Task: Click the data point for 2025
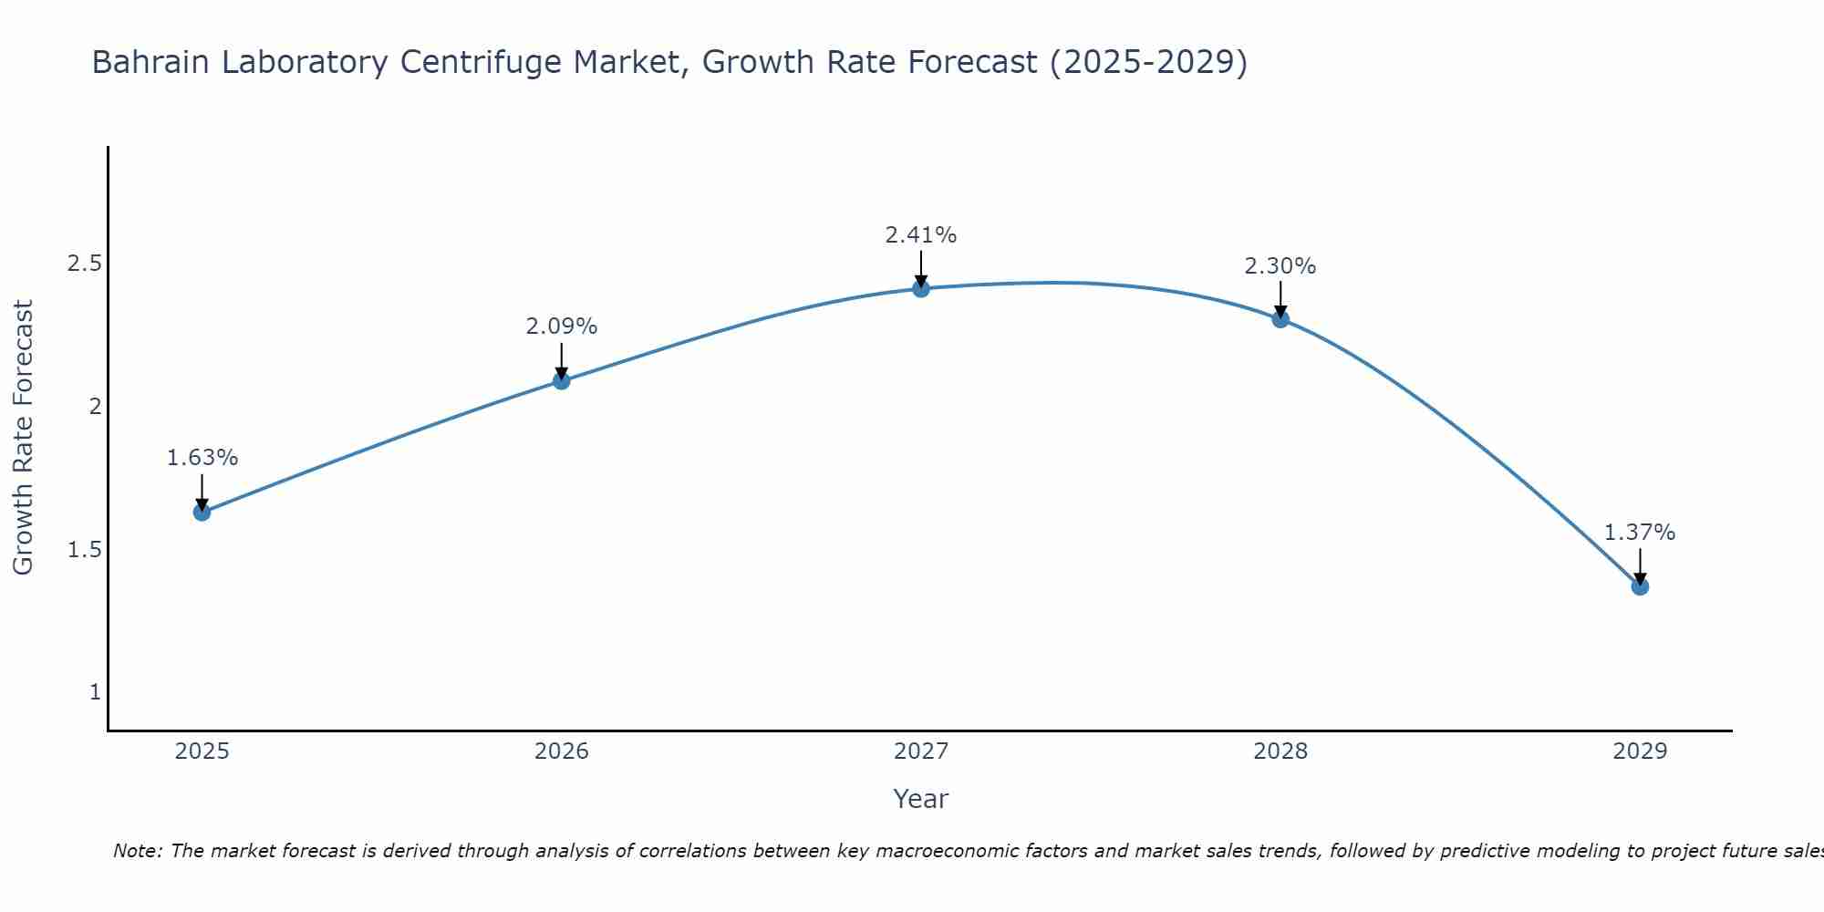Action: pyautogui.click(x=202, y=512)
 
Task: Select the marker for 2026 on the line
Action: pyautogui.click(x=562, y=380)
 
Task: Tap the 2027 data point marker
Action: pyautogui.click(x=921, y=288)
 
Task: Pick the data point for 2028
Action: pyautogui.click(x=1280, y=319)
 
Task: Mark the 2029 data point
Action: pyautogui.click(x=1640, y=586)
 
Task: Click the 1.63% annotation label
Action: pyautogui.click(x=202, y=458)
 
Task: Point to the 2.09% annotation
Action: pyautogui.click(x=562, y=326)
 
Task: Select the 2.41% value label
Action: pyautogui.click(x=921, y=235)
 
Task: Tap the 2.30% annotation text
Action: pyautogui.click(x=1280, y=266)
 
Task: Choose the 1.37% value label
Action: pyautogui.click(x=1640, y=533)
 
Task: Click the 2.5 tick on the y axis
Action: pyautogui.click(x=84, y=264)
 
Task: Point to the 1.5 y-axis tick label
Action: pyautogui.click(x=84, y=550)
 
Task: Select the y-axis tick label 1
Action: pyautogui.click(x=95, y=692)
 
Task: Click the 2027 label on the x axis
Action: pyautogui.click(x=921, y=751)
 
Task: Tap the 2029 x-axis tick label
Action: pyautogui.click(x=1640, y=751)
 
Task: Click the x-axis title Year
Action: pyautogui.click(x=921, y=799)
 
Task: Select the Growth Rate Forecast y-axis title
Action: pyautogui.click(x=24, y=438)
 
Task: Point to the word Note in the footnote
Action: pyautogui.click(x=137, y=851)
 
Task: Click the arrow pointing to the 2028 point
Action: pyautogui.click(x=1280, y=299)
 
